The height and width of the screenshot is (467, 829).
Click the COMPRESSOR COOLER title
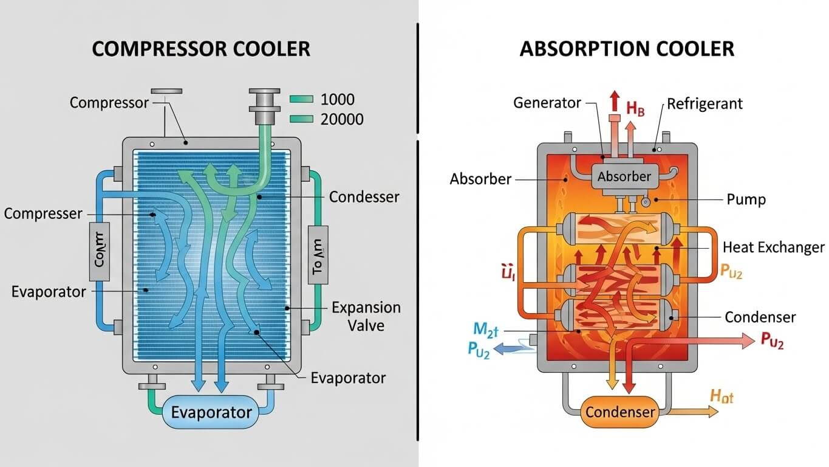[x=201, y=49]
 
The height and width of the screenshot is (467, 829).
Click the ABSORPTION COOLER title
[x=627, y=49]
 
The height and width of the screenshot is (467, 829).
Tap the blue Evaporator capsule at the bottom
[x=211, y=413]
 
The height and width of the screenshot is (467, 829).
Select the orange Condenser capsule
[x=619, y=412]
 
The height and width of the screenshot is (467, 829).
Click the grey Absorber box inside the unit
[x=624, y=177]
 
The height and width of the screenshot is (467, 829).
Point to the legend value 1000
[x=337, y=100]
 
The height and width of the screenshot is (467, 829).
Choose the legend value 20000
[x=341, y=119]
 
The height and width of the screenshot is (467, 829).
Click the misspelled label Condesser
[x=364, y=197]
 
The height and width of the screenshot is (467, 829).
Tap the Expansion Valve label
[x=366, y=316]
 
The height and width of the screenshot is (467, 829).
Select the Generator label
[x=547, y=103]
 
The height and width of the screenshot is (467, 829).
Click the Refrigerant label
[x=704, y=103]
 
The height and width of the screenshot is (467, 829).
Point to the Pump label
[x=746, y=199]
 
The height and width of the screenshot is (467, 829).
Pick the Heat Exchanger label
[x=773, y=247]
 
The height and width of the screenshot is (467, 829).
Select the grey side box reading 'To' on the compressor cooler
[x=318, y=253]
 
